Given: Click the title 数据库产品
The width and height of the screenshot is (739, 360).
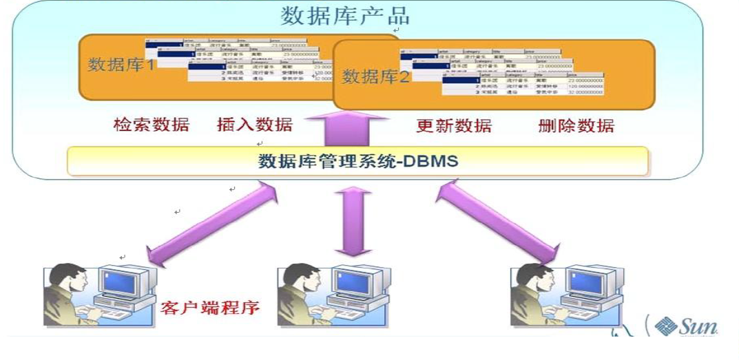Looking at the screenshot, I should [345, 15].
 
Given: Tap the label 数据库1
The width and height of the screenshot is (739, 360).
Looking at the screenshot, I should [121, 65].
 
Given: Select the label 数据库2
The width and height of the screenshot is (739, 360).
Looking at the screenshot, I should [375, 76].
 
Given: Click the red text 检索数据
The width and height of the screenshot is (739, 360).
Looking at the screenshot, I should [151, 125].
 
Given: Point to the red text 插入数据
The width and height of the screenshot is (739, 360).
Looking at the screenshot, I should [254, 125].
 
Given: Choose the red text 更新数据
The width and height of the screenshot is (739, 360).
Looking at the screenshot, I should [454, 126].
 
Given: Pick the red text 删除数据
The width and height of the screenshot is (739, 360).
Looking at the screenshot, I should [576, 126].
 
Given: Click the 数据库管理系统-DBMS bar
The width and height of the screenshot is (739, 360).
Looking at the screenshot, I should [357, 161].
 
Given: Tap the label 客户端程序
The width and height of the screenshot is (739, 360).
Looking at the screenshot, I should [209, 307].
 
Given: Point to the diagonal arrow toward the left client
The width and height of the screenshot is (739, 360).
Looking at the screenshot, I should [209, 222].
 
